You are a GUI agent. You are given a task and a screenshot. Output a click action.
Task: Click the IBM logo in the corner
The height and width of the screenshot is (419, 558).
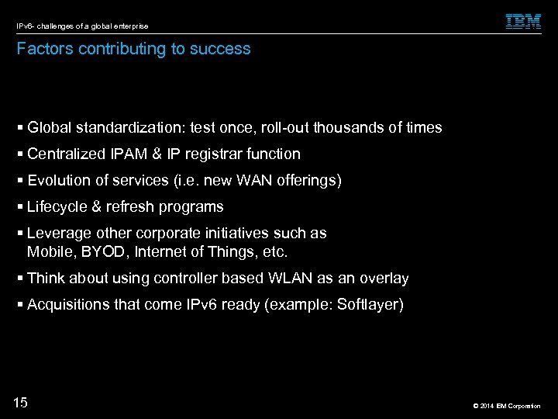[x=523, y=22]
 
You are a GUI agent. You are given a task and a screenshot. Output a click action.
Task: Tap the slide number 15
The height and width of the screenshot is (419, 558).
[x=21, y=402]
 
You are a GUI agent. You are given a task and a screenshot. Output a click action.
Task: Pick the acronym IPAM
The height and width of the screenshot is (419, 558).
[x=123, y=154]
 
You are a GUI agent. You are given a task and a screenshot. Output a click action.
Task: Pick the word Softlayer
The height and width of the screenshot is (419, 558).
[x=369, y=304]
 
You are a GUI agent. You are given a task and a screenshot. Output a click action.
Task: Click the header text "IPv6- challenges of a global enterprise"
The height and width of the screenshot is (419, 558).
[x=81, y=26]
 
